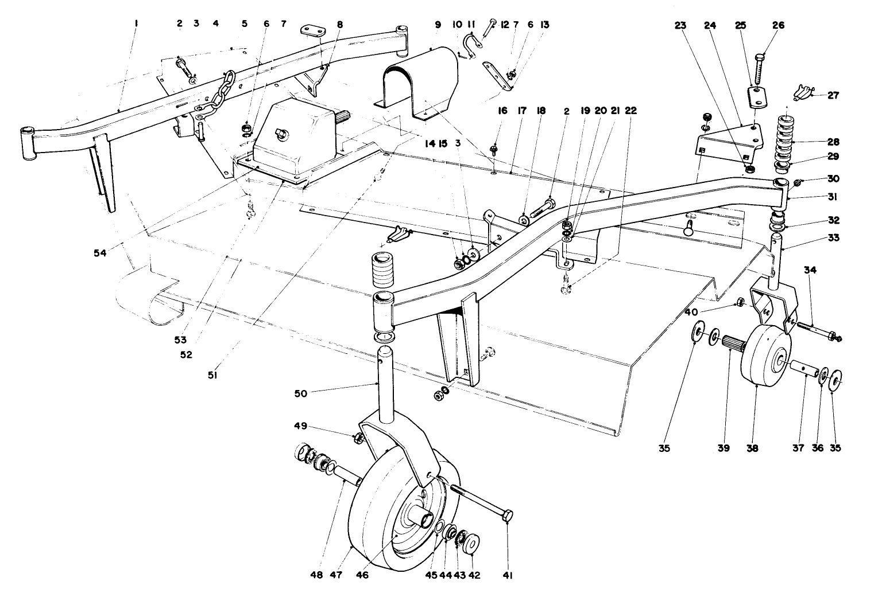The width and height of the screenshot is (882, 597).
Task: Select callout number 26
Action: [x=779, y=25]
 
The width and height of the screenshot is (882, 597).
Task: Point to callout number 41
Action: [x=507, y=574]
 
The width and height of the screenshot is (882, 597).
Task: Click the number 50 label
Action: [x=301, y=393]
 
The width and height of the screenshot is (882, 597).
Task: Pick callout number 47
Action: [x=336, y=574]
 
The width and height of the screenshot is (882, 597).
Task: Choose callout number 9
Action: [x=438, y=25]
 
